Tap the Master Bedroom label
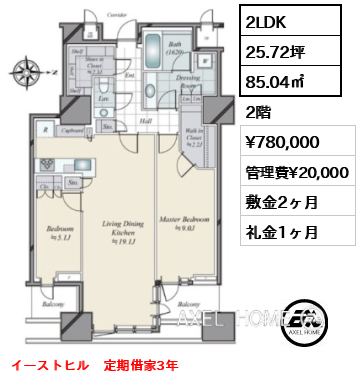[183, 221]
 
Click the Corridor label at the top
[117, 17]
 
